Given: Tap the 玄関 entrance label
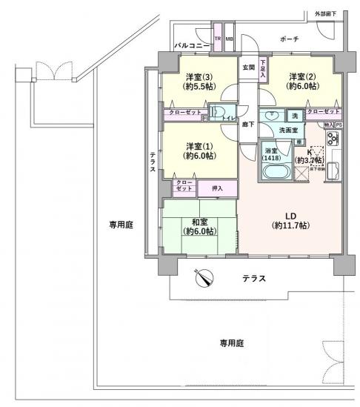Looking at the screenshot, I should [x=248, y=69].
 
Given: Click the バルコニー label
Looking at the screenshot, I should [x=190, y=46].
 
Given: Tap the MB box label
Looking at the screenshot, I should [x=229, y=39].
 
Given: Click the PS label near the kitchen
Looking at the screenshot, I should [x=339, y=125].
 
